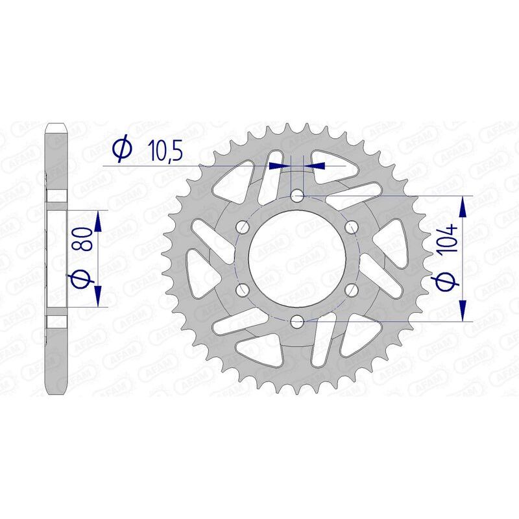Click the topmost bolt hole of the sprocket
click(297, 195)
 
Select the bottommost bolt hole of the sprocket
click(297, 320)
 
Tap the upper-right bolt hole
click(352, 226)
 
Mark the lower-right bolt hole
click(352, 289)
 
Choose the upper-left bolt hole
click(243, 226)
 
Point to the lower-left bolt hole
click(243, 289)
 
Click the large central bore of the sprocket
click(297, 258)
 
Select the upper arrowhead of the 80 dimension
click(98, 221)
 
